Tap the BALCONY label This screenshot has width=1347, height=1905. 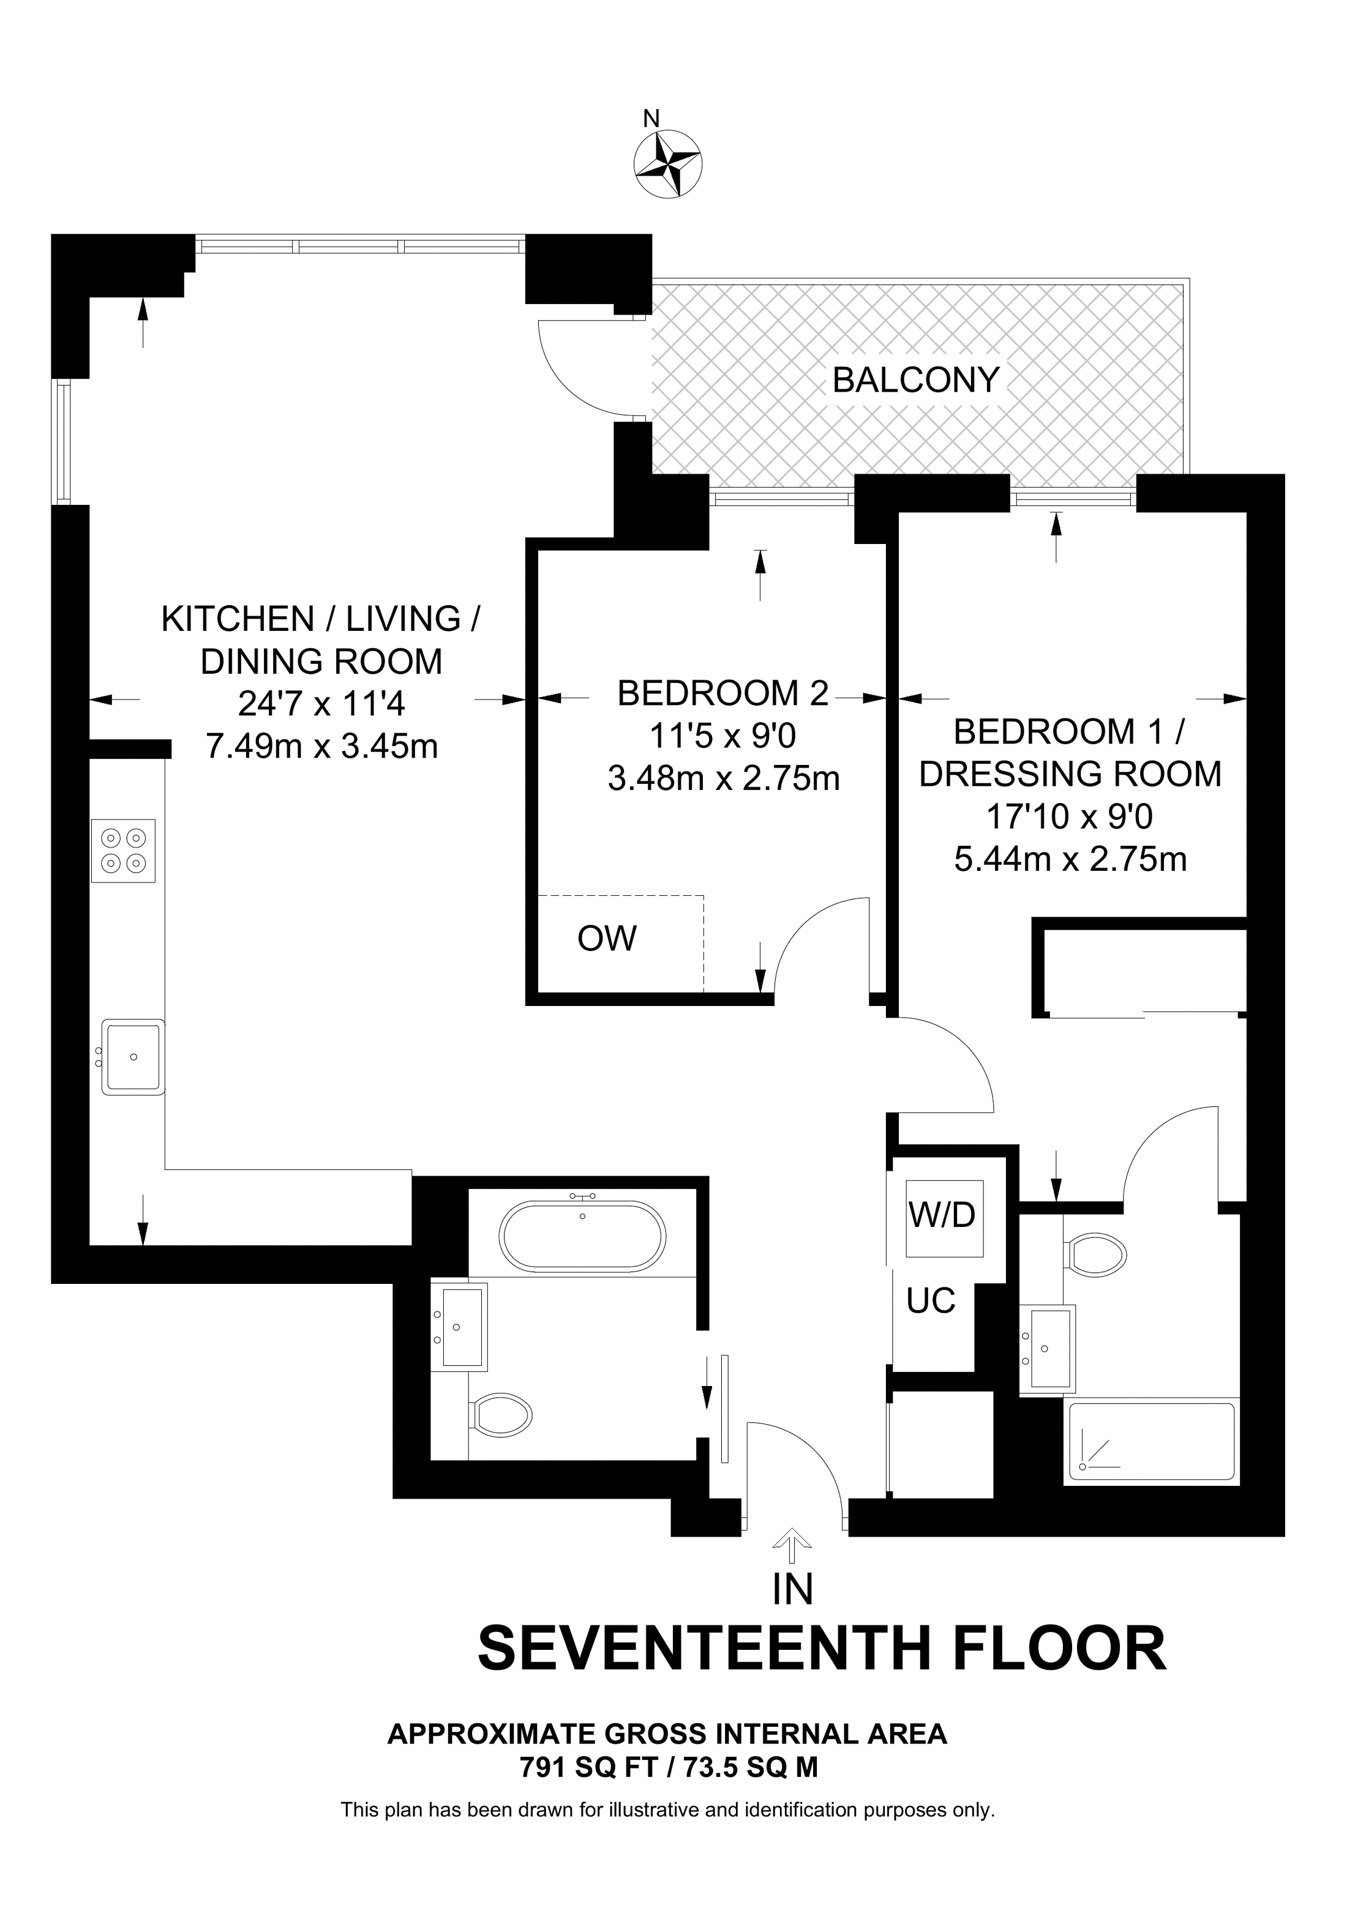pos(915,380)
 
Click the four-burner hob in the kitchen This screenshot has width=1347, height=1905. pos(123,851)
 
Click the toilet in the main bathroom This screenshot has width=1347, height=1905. pos(501,1415)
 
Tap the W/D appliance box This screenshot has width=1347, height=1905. pos(943,1217)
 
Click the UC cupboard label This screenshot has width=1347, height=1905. pos(931,1302)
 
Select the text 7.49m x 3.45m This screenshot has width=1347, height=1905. pos(321,747)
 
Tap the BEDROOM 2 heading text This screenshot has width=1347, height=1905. pos(723,693)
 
